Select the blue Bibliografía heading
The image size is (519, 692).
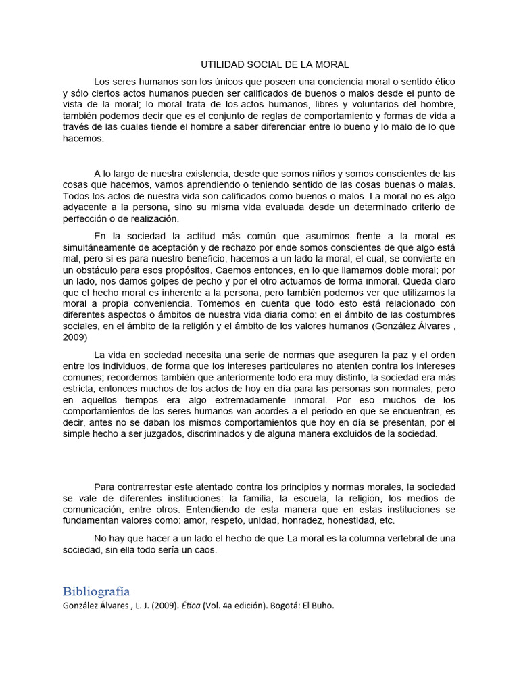[96, 591]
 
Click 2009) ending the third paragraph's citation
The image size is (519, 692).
[75, 337]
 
